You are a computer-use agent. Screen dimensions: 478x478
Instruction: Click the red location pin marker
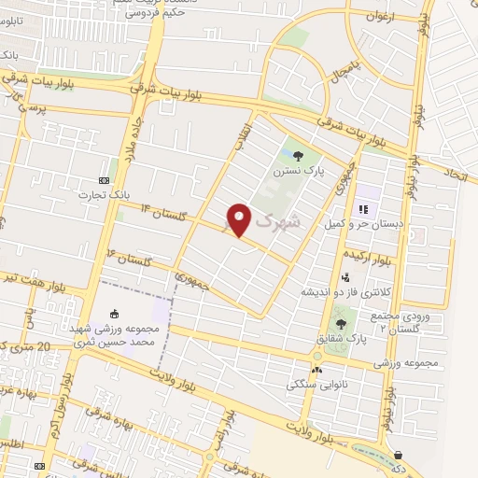pyautogui.click(x=239, y=218)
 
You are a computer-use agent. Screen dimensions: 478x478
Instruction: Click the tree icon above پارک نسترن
pyautogui.click(x=298, y=156)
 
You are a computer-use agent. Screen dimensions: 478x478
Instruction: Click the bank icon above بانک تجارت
pyautogui.click(x=104, y=180)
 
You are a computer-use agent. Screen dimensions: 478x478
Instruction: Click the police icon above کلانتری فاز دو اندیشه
pyautogui.click(x=345, y=276)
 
